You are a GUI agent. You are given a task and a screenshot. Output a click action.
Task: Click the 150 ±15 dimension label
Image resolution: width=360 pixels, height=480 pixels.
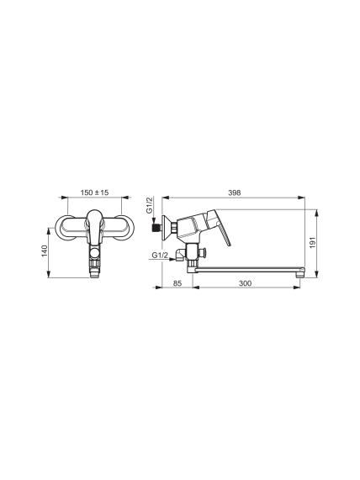tap(94, 193)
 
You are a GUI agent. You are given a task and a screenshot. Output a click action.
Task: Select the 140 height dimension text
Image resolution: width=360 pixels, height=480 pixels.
tap(45, 251)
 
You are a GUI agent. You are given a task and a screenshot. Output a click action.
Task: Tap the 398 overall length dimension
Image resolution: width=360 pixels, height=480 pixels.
tap(235, 193)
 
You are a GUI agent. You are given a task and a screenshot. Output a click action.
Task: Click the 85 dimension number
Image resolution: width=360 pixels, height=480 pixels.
tap(177, 283)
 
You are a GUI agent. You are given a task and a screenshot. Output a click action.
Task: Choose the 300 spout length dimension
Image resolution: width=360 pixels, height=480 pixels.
tap(245, 283)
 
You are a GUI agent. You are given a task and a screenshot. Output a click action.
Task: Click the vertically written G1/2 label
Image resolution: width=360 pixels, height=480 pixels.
tap(149, 205)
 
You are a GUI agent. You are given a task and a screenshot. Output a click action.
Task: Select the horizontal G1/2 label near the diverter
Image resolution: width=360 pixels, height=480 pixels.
tap(160, 255)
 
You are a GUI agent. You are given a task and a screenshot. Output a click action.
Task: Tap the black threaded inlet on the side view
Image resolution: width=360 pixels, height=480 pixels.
tap(157, 229)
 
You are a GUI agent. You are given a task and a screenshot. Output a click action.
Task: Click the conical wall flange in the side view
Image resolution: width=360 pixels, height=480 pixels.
tap(167, 226)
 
